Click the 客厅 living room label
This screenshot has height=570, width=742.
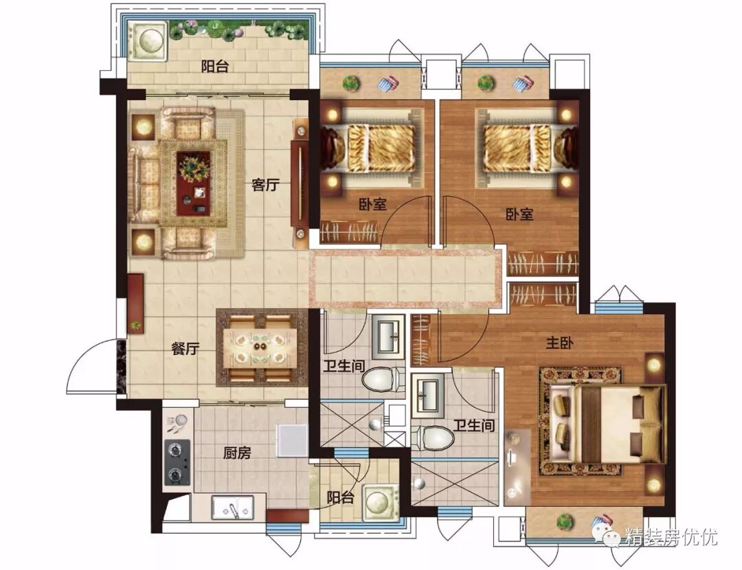[x=265, y=185]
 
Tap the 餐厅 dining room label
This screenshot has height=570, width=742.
[x=185, y=349]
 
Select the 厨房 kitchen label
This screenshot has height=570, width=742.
[x=237, y=453]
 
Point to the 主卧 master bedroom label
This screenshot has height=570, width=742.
[x=559, y=343]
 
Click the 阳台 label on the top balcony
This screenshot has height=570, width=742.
[x=215, y=66]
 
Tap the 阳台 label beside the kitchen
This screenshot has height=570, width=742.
[x=340, y=497]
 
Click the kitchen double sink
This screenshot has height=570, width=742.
[x=232, y=508]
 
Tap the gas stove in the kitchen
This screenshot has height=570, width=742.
[x=177, y=462]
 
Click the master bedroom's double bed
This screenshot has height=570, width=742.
[x=609, y=423]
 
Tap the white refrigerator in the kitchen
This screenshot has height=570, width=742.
[x=291, y=440]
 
